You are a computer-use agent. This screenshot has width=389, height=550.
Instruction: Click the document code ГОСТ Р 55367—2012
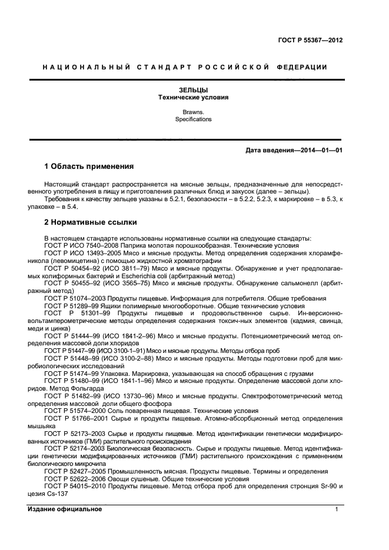click(x=310, y=40)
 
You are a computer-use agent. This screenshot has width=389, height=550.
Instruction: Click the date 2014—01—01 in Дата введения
click(x=321, y=151)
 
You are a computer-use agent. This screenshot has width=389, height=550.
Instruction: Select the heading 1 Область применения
click(x=89, y=166)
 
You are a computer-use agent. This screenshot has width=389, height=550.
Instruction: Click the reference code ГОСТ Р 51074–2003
click(x=74, y=298)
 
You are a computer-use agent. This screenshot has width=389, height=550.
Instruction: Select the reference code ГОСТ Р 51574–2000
click(x=74, y=411)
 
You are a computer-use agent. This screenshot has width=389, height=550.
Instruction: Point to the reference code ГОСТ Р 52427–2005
click(x=74, y=471)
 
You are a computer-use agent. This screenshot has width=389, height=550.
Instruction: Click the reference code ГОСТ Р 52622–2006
click(x=74, y=479)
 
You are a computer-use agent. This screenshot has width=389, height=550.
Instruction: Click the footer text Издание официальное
click(x=65, y=509)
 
